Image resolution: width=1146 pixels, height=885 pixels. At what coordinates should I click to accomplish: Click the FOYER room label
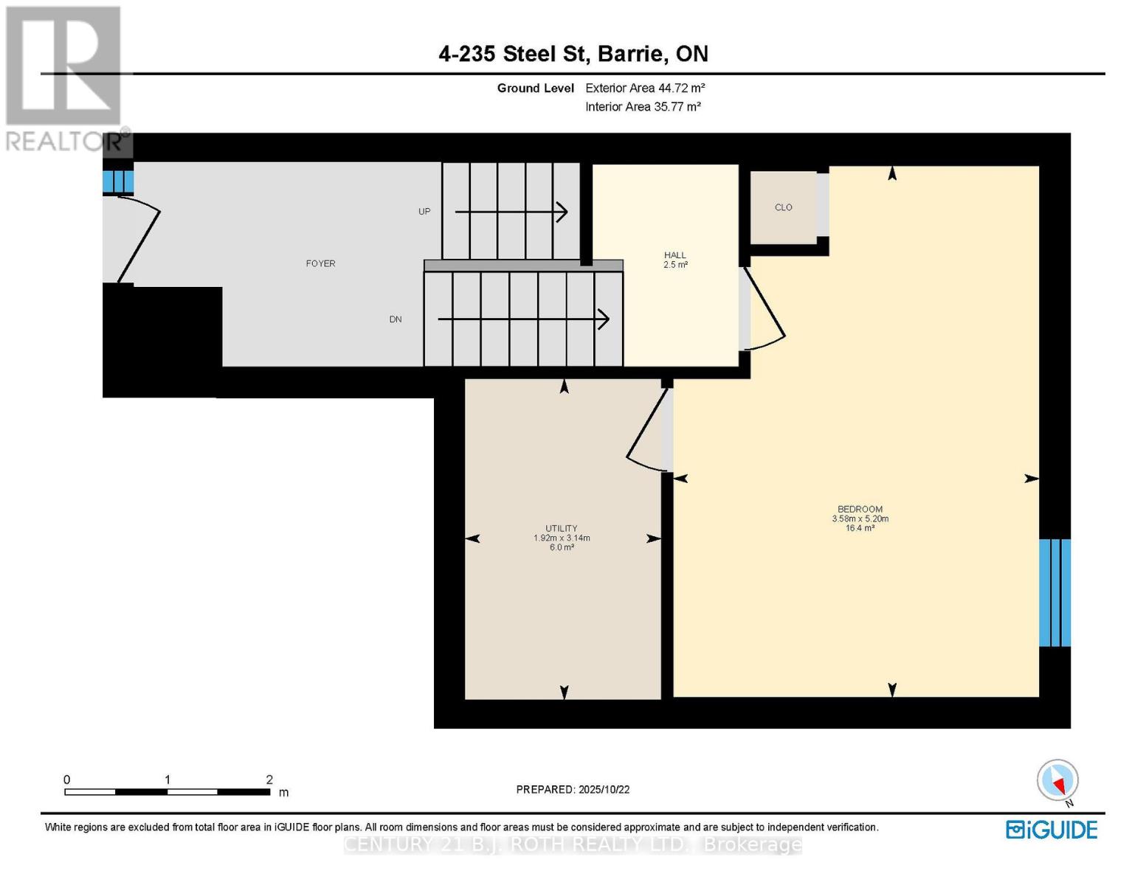pyautogui.click(x=320, y=263)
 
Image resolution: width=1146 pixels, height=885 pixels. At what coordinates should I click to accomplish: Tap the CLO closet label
pyautogui.click(x=783, y=207)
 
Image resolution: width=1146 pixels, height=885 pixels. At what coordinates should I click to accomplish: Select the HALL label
pyautogui.click(x=674, y=255)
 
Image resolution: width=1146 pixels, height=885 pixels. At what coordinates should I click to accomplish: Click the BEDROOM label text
pyautogui.click(x=860, y=509)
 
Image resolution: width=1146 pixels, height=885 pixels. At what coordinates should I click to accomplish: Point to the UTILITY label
pyautogui.click(x=561, y=528)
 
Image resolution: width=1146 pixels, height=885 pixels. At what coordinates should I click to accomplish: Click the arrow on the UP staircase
pyautogui.click(x=511, y=212)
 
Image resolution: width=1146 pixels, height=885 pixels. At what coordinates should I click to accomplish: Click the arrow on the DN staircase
pyautogui.click(x=523, y=319)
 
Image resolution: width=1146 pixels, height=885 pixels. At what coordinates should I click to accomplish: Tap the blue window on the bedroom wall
pyautogui.click(x=1054, y=592)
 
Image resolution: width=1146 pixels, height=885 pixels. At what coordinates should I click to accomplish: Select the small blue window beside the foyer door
pyautogui.click(x=117, y=181)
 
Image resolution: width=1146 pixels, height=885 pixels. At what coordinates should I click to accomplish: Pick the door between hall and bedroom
pyautogui.click(x=764, y=310)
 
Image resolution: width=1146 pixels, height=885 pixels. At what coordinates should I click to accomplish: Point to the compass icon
pyautogui.click(x=1057, y=780)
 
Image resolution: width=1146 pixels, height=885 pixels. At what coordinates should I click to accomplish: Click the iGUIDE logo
pyautogui.click(x=1052, y=830)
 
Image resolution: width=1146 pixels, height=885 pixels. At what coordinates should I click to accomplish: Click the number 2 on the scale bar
pyautogui.click(x=269, y=780)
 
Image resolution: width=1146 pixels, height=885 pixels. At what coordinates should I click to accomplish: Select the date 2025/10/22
pyautogui.click(x=604, y=789)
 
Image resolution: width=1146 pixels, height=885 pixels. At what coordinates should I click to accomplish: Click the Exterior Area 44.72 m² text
pyautogui.click(x=645, y=88)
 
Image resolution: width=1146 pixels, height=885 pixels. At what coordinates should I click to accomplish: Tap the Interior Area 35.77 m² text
pyautogui.click(x=643, y=106)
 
